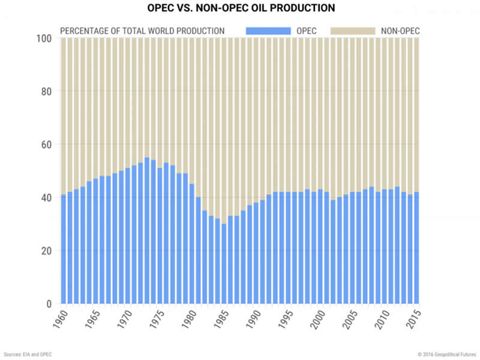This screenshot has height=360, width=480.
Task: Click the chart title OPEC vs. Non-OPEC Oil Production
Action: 240,9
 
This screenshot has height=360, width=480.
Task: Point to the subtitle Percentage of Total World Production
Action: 142,31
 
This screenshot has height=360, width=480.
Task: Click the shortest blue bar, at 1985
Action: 224,264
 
